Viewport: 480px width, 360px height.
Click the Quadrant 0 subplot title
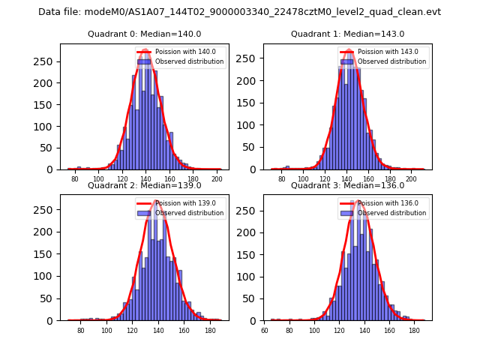(x=144, y=34)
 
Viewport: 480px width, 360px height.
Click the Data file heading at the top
(x=239, y=12)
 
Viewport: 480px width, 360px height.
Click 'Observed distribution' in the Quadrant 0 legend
(x=189, y=61)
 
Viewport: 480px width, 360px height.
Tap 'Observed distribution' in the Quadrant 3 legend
(x=391, y=213)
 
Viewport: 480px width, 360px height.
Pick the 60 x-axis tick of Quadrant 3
(x=265, y=331)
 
